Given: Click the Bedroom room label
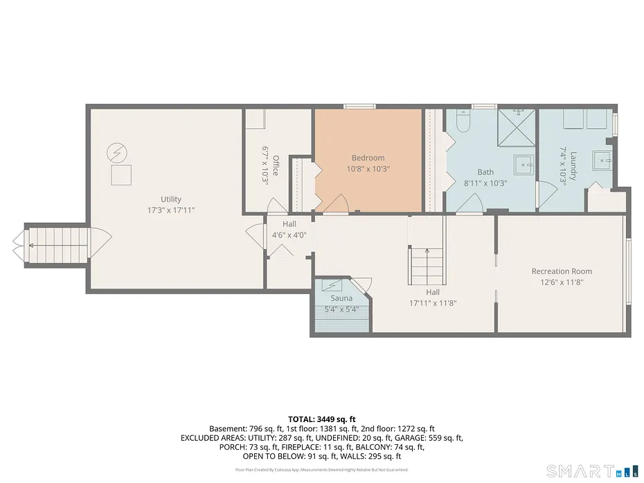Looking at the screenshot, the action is [368, 158].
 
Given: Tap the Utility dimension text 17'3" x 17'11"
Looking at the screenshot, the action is [171, 210].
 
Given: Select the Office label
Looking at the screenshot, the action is [276, 165].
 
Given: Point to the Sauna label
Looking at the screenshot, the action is [341, 298].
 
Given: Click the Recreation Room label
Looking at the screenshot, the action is [562, 271].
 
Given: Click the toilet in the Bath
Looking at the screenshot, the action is [463, 122].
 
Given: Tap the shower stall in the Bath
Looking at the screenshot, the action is [517, 127].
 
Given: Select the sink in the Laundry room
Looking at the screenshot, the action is [602, 161].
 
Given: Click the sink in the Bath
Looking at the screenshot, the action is [524, 165].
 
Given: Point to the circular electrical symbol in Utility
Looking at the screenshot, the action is [117, 153].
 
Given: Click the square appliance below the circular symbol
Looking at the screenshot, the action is [121, 175].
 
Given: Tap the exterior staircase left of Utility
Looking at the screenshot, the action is [58, 245].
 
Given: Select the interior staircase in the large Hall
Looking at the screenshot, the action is [427, 266].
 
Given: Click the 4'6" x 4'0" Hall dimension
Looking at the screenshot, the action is [289, 235].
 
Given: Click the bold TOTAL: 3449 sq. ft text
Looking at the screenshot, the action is [321, 419].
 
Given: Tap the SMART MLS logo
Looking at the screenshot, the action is [593, 471].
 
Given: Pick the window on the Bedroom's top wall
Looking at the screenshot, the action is [360, 107].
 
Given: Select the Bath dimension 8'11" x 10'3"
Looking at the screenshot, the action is [485, 183].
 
